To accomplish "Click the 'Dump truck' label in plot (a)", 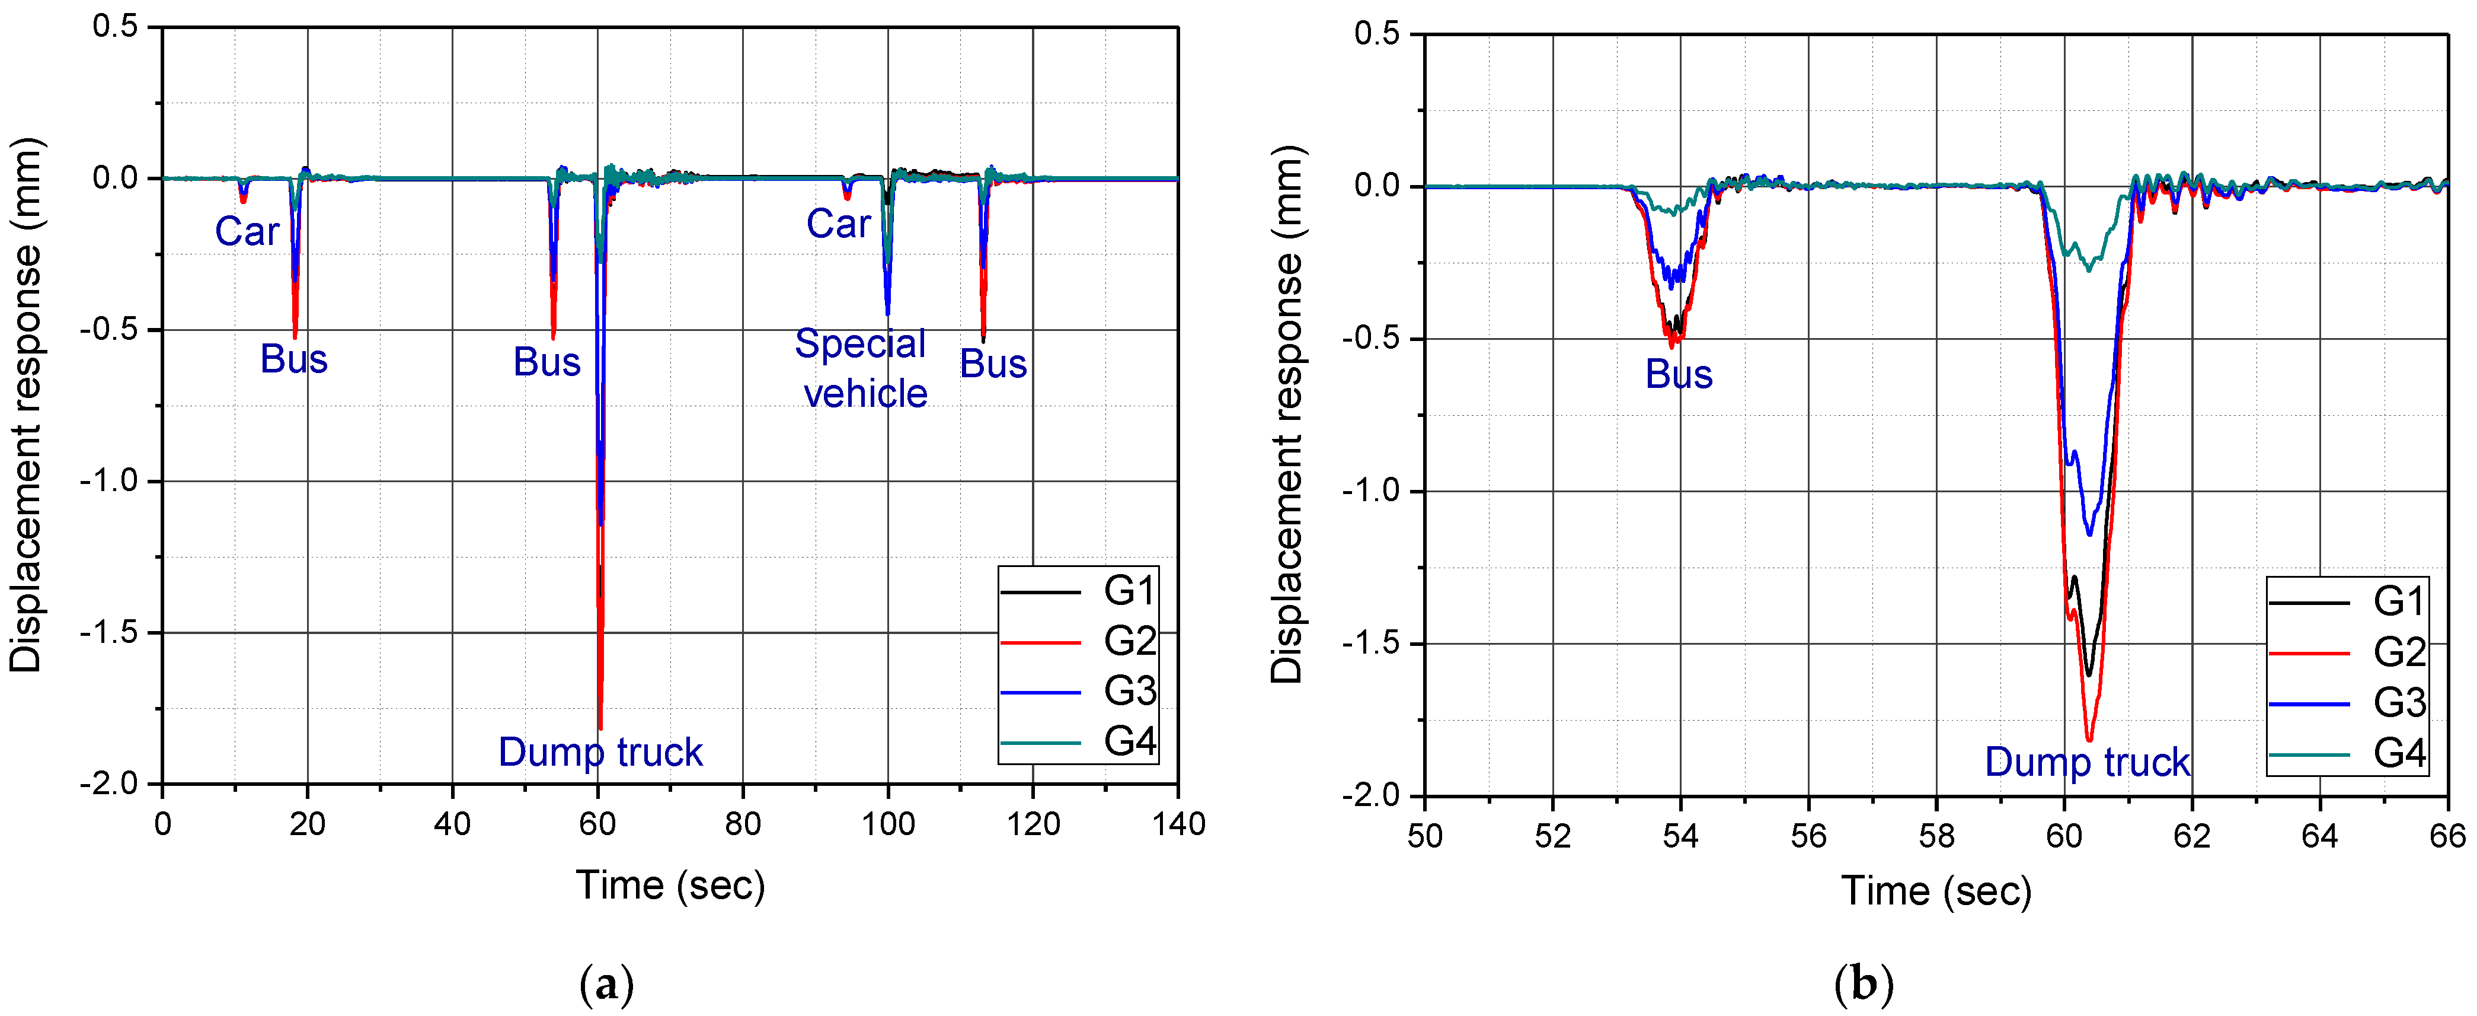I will (x=600, y=751).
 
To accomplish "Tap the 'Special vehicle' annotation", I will (x=862, y=368).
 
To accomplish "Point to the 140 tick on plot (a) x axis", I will (x=1178, y=824).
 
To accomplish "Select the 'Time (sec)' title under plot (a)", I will (x=670, y=885).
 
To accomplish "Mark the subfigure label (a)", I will (x=608, y=984).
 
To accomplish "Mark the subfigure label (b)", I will (x=1864, y=984).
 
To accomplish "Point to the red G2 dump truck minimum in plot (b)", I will (x=2089, y=739).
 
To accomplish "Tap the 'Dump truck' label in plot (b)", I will (x=2086, y=762).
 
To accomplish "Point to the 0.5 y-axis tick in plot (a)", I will (x=116, y=27).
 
